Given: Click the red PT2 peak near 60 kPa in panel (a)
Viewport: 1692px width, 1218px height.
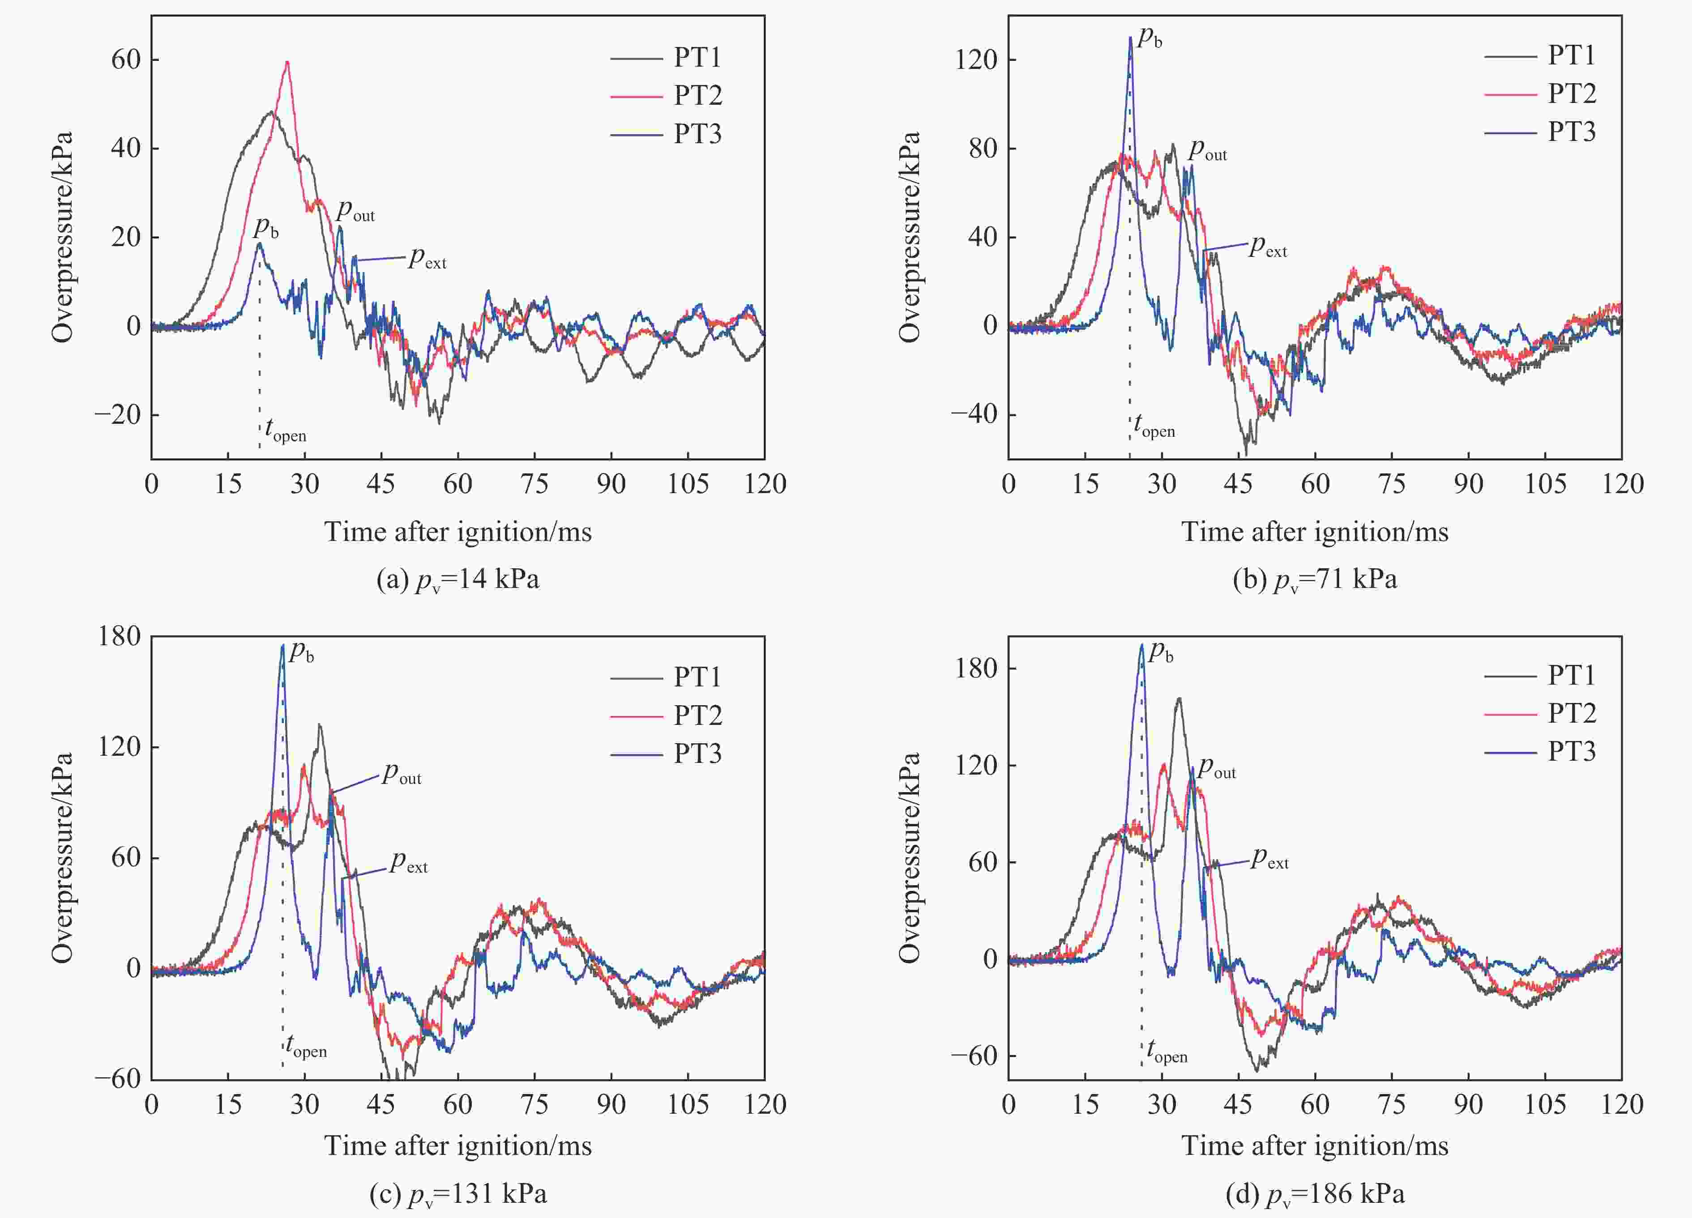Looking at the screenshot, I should click(x=287, y=63).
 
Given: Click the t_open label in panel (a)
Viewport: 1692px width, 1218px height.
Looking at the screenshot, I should click(x=285, y=430).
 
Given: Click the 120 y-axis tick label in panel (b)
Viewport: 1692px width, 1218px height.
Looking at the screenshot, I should click(x=977, y=59).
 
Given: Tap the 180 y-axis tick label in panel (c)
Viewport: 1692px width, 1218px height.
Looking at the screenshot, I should click(x=120, y=636).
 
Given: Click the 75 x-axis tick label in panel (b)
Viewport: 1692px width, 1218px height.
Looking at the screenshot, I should click(x=1391, y=484).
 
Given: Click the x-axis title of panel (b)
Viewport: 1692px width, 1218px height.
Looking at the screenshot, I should click(x=1315, y=532).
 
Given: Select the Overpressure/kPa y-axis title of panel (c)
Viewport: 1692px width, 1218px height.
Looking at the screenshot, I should click(x=63, y=858).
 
